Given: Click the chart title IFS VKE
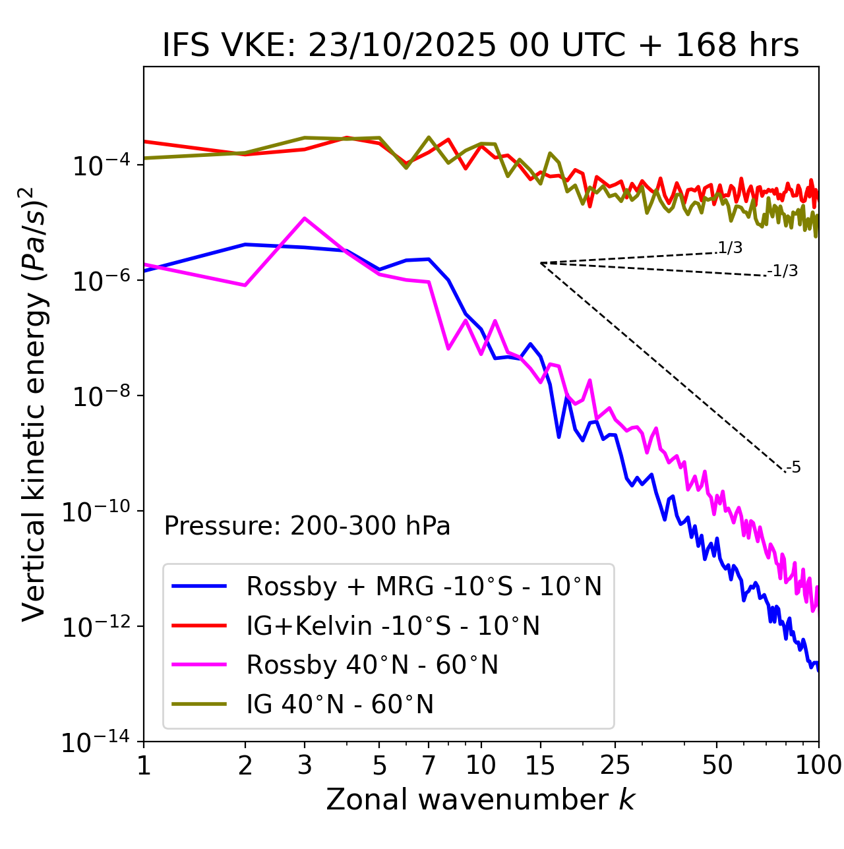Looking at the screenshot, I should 481,45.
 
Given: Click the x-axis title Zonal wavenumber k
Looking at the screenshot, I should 480,799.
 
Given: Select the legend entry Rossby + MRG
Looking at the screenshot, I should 424,586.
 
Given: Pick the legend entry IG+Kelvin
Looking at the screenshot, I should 393,626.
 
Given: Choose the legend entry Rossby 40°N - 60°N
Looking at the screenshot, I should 372,665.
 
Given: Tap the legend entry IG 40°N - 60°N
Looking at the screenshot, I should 340,705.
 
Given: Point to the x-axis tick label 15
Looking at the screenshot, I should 540,765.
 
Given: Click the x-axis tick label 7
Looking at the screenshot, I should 429,765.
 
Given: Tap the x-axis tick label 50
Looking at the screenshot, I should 717,765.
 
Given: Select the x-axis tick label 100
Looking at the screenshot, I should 818,765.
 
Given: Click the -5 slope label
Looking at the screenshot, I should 793,468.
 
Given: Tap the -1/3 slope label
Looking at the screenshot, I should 783,271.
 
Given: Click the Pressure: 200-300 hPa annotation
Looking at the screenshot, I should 307,526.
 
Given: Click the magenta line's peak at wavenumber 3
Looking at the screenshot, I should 304,218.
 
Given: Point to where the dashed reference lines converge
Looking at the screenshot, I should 541,263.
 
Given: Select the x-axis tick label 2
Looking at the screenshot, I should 245,765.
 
